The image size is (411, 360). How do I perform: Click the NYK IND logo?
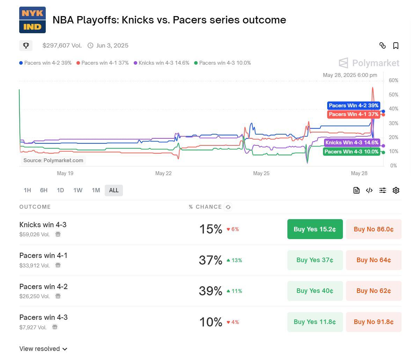[32, 20]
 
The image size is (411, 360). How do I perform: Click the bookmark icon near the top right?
[396, 46]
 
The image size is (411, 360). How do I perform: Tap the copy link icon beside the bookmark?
[382, 46]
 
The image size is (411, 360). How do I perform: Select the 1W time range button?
[78, 190]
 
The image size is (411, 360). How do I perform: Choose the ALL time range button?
[114, 190]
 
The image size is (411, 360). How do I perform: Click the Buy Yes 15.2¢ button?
[315, 229]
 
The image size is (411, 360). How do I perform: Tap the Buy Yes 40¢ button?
[315, 291]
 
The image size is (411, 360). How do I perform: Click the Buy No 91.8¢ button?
[373, 322]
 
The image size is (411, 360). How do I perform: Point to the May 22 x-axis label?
[163, 173]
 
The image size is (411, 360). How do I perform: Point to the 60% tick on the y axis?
[394, 81]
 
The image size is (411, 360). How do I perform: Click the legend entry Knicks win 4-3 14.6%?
[162, 63]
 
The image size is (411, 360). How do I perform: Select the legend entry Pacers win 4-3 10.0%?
[222, 63]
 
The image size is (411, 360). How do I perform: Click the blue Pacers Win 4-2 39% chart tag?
[353, 106]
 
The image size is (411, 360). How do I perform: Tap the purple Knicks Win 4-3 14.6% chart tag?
[352, 143]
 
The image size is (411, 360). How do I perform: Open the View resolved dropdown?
[43, 349]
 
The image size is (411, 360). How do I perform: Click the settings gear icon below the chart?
[396, 190]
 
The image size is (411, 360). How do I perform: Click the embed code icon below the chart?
[369, 190]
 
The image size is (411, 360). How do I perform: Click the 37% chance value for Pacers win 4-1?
[210, 260]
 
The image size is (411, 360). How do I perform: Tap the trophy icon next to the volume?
[26, 46]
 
